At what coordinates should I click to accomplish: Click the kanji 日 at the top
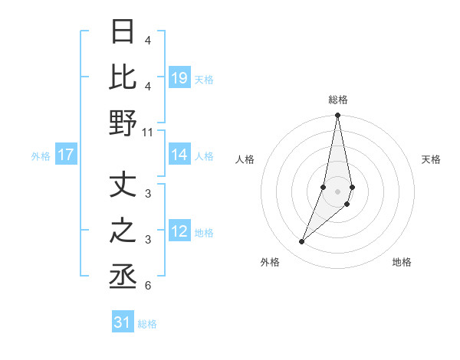(123, 33)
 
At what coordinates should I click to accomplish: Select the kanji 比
(123, 77)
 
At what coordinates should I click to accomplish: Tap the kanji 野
(123, 123)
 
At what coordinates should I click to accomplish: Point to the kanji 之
(123, 231)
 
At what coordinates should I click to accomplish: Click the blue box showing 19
(179, 78)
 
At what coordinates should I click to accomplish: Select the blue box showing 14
(179, 155)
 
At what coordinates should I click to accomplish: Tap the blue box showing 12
(179, 232)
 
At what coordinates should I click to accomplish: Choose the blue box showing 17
(66, 155)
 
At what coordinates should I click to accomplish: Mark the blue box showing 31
(123, 322)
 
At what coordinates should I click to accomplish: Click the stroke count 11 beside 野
(149, 132)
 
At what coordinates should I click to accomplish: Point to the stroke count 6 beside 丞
(148, 286)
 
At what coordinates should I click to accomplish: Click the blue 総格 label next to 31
(147, 324)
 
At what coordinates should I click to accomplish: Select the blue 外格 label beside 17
(41, 156)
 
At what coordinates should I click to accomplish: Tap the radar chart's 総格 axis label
(337, 100)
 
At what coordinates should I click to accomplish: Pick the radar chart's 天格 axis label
(431, 160)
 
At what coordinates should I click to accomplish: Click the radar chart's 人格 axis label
(245, 160)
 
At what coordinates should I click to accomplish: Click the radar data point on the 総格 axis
(337, 116)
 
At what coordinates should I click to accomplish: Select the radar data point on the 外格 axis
(301, 242)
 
